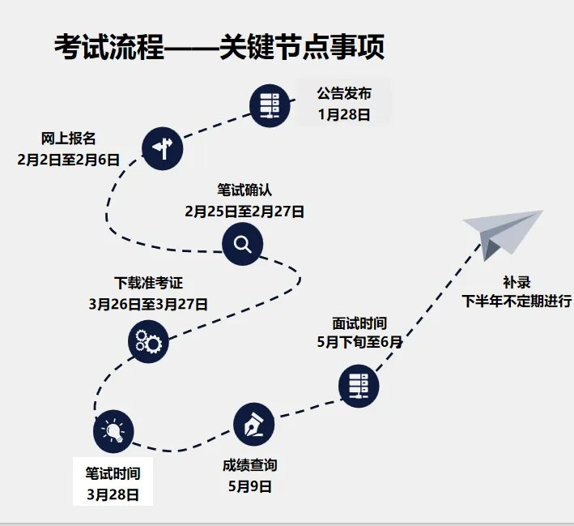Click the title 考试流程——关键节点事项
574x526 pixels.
point(219,47)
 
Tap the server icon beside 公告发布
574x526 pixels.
point(270,105)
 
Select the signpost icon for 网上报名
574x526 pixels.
point(163,148)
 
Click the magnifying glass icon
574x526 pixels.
point(243,244)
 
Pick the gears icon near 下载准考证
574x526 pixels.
point(148,341)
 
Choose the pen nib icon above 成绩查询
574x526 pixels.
point(253,423)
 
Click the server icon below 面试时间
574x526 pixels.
point(358,386)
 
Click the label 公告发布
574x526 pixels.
point(344,92)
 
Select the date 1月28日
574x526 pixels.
point(344,114)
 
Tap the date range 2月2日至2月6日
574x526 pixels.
point(69,160)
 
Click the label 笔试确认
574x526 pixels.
point(244,190)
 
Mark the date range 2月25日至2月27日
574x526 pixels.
point(244,212)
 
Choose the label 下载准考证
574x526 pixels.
point(148,283)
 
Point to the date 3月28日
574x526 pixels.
point(113,494)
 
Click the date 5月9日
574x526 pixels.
point(250,487)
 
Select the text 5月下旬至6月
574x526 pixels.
point(359,342)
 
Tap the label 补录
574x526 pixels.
point(517,281)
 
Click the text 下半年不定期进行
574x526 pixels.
point(517,301)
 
